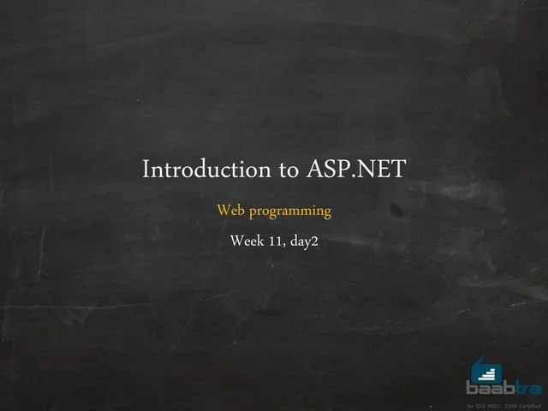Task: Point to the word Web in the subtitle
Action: [x=229, y=210]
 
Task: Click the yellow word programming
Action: [x=288, y=211]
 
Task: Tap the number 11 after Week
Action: [x=275, y=241]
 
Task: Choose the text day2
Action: [x=304, y=241]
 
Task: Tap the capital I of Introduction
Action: [x=146, y=169]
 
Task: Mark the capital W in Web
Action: [x=223, y=210]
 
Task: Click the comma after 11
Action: [x=283, y=245]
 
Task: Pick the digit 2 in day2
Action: [x=315, y=241]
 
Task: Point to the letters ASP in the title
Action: [x=326, y=169]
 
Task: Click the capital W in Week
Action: [x=236, y=241]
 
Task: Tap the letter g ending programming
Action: [x=326, y=213]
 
